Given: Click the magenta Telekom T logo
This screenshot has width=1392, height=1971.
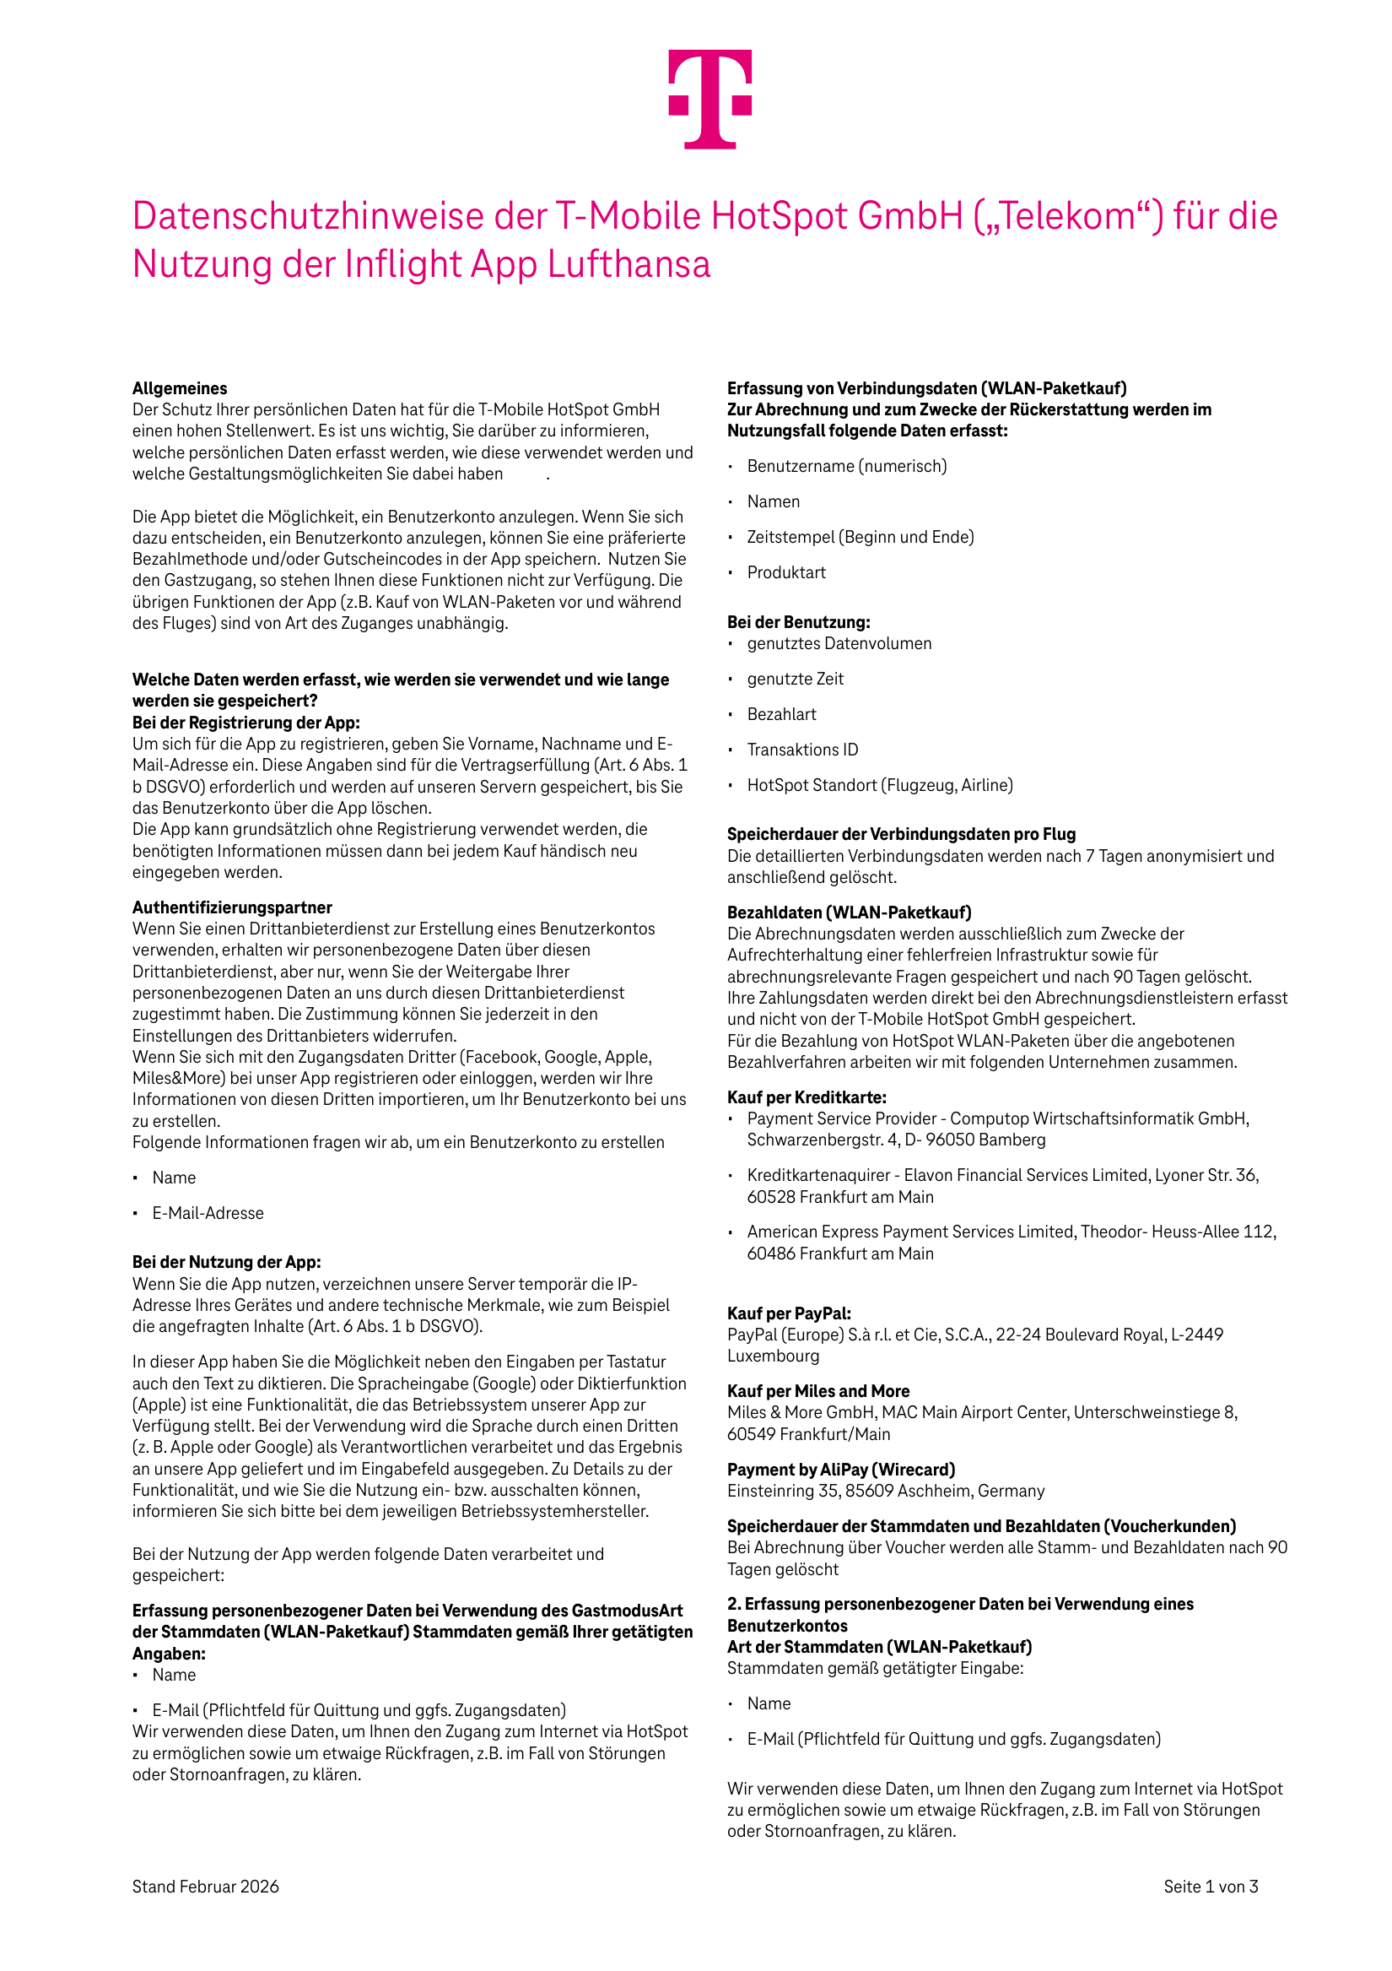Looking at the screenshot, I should (709, 99).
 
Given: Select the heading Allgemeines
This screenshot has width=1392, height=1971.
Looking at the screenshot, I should (180, 388).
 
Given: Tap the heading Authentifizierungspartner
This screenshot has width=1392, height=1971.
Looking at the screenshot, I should (232, 907).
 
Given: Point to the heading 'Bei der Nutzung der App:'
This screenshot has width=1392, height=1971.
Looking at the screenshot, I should (227, 1262).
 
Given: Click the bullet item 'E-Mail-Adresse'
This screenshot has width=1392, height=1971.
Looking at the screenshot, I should (208, 1213).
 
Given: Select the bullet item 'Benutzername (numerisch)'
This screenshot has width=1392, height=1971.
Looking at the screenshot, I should (846, 466).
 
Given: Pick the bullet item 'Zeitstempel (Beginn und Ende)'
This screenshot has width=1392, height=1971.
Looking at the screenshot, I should (860, 538).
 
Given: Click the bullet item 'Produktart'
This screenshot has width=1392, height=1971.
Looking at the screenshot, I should (786, 572).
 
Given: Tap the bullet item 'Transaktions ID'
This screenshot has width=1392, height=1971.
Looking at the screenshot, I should (802, 750).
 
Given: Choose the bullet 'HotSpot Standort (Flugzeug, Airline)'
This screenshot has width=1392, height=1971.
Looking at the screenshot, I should (880, 786).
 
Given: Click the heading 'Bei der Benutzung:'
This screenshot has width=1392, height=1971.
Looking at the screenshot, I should (798, 622).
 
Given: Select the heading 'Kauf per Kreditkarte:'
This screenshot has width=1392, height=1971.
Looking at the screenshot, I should (807, 1097).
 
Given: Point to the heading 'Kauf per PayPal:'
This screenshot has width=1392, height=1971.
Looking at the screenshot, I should (789, 1313).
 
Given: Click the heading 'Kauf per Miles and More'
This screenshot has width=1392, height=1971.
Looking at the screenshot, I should (817, 1391).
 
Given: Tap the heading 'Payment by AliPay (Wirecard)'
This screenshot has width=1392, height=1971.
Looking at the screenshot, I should (840, 1470).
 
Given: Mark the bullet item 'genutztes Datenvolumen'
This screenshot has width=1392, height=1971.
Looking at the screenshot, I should (839, 644).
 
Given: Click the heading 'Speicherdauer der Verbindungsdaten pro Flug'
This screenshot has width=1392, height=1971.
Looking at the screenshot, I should (901, 835).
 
